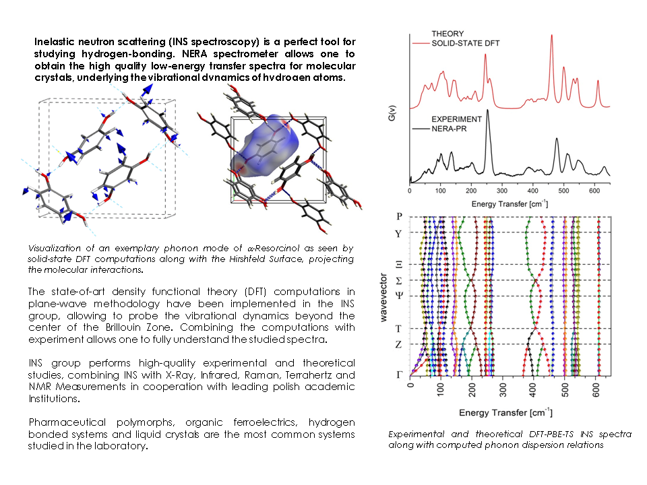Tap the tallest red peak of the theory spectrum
click(551, 37)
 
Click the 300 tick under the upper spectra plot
click(502, 191)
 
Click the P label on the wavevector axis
click(400, 217)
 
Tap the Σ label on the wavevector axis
click(400, 280)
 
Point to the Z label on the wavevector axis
click(400, 344)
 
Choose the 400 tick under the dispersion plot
click(534, 388)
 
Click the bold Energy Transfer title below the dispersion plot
click(503, 412)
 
